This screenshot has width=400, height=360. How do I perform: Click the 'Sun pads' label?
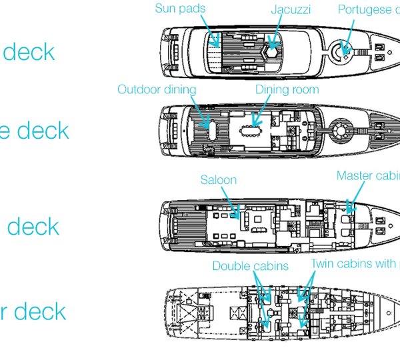point(180,9)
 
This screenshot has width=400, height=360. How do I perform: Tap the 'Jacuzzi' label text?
point(291,9)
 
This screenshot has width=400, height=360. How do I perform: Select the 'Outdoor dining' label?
point(157,89)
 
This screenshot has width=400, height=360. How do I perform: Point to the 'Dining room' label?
point(287,89)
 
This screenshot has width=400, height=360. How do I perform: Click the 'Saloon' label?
point(218,180)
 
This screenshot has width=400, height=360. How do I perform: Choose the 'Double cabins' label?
point(250,265)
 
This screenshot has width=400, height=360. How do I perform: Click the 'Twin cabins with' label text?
point(353,264)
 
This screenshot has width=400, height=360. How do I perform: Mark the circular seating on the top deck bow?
point(345,49)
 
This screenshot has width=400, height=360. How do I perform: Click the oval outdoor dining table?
point(205,124)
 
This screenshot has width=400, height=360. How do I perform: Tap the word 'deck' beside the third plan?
point(33,227)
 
